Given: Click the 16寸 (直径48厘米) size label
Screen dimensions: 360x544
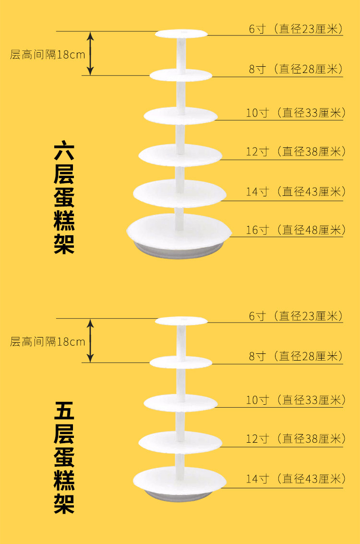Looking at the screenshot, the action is (x=296, y=230).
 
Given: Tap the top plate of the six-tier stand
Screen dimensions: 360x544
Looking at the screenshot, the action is (x=181, y=34).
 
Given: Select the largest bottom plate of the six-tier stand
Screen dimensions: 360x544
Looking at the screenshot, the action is (x=179, y=230).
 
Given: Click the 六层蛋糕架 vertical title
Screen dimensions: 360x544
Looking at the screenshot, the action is (x=63, y=197).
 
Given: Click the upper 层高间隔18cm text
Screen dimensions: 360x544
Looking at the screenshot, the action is (x=48, y=54).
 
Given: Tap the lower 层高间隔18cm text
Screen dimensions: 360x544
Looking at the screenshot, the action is (x=48, y=342).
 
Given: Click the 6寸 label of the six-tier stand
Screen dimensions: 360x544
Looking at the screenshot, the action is (x=296, y=29).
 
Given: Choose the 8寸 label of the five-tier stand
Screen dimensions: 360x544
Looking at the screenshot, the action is (x=296, y=356).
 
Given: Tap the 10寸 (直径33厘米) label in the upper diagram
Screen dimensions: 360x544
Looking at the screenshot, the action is (x=296, y=113).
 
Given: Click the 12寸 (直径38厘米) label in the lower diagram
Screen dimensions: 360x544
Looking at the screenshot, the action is (x=296, y=439).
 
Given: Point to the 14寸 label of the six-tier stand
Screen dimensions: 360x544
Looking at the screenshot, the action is (x=296, y=192).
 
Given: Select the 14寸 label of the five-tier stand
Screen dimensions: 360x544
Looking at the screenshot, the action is (x=296, y=479).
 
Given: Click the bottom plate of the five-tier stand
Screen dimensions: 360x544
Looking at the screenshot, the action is (x=179, y=479).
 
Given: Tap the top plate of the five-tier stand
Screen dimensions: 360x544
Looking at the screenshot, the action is (x=181, y=320).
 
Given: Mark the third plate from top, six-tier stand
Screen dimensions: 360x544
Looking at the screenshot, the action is (x=180, y=115).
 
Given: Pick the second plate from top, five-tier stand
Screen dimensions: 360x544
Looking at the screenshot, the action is (x=180, y=362).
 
